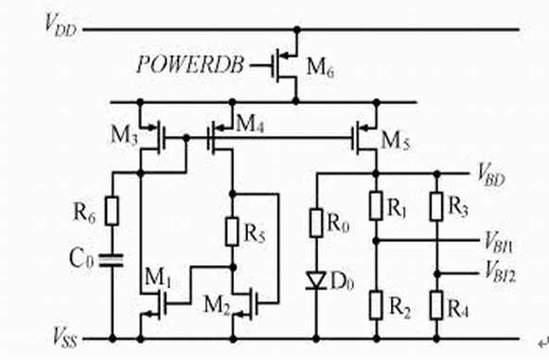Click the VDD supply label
click(x=61, y=26)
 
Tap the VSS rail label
click(x=65, y=337)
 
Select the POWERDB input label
click(x=190, y=64)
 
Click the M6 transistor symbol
click(x=284, y=65)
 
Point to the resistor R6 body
click(x=112, y=211)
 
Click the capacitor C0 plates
click(x=112, y=261)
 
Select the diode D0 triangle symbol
click(x=316, y=280)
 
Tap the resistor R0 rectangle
click(x=316, y=223)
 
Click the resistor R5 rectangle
click(x=233, y=231)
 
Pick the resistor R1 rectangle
click(x=376, y=206)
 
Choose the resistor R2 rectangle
click(x=376, y=305)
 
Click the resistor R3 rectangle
click(x=436, y=207)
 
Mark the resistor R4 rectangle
click(x=436, y=305)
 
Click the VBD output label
click(x=491, y=175)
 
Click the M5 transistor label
click(x=396, y=141)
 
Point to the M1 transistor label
click(x=157, y=278)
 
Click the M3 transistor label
click(x=124, y=135)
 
